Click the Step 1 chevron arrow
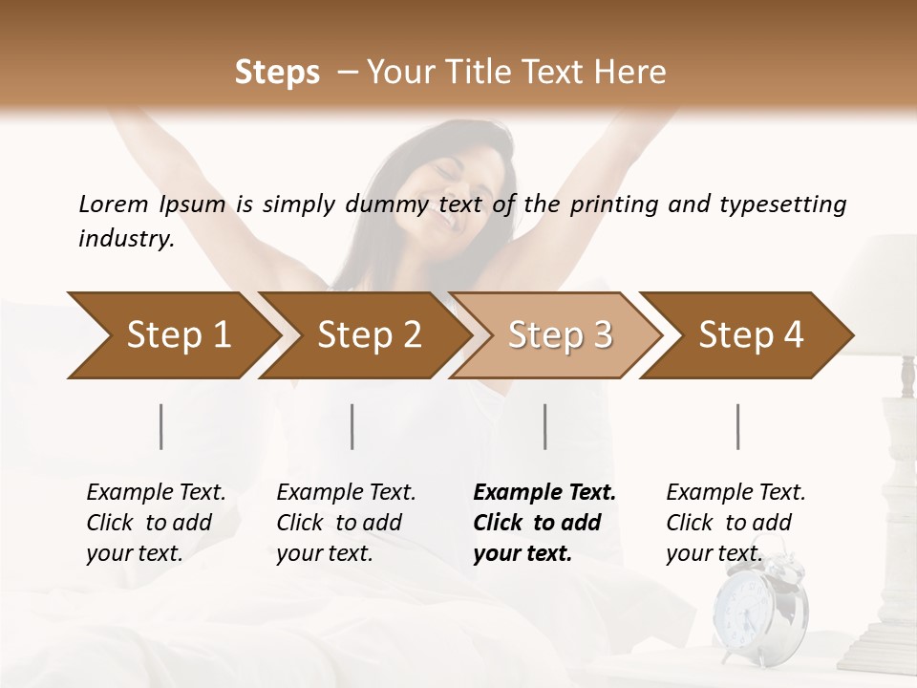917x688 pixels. click(172, 335)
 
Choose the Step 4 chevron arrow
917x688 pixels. click(749, 335)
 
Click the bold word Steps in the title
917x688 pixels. click(277, 73)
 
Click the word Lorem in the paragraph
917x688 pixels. click(113, 204)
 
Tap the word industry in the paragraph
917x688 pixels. click(125, 239)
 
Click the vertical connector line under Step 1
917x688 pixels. click(161, 426)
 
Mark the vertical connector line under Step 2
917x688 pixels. click(352, 426)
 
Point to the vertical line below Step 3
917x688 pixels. click(544, 426)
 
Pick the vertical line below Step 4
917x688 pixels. click(737, 426)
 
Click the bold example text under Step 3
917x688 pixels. click(543, 523)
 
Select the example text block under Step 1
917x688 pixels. click(155, 523)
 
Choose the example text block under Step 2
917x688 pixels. click(345, 523)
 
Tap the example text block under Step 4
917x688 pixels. click(735, 523)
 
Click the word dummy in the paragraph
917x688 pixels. click(393, 204)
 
